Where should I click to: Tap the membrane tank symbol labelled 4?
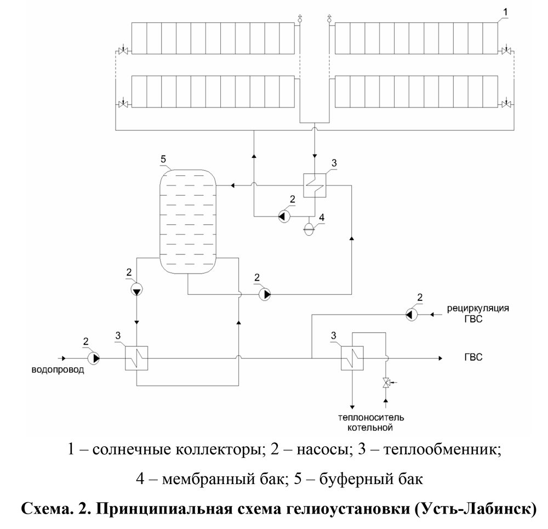tap(309, 229)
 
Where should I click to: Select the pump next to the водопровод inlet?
tap(94, 358)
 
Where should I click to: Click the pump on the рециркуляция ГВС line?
tap(412, 315)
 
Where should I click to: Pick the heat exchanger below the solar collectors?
tap(315, 186)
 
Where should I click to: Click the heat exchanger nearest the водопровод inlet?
tap(136, 358)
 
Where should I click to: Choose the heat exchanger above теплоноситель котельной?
tap(352, 358)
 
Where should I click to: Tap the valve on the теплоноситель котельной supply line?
tap(386, 383)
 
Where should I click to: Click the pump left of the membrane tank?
tap(284, 217)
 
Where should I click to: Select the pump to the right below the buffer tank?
tap(265, 294)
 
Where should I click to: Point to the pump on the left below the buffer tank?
tap(136, 289)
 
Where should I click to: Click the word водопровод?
tap(58, 370)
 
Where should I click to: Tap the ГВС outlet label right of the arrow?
tap(473, 357)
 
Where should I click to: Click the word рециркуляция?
tap(478, 309)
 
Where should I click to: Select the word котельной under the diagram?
tap(370, 428)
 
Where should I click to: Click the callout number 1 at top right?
tap(505, 12)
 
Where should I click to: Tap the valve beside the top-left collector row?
tap(123, 51)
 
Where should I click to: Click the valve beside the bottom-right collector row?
tap(505, 104)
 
